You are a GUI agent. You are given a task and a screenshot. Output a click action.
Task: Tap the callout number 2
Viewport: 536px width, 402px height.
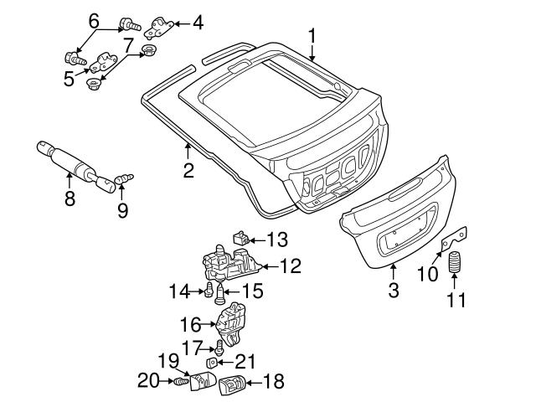click(188, 171)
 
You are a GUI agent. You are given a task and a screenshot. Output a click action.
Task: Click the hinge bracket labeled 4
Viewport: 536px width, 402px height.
click(162, 27)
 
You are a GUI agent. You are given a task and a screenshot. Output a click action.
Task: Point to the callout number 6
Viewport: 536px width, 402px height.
click(94, 19)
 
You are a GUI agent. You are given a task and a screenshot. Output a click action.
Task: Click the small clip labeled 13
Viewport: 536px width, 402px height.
click(239, 238)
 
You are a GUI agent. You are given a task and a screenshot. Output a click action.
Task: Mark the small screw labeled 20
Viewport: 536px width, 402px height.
click(178, 382)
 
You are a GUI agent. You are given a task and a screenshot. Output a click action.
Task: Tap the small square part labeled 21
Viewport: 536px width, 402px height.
click(213, 363)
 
